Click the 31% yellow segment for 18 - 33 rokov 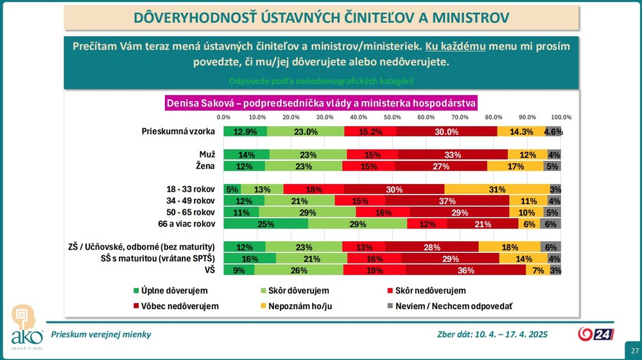pyautogui.click(x=497, y=189)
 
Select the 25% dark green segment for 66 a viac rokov pyautogui.click(x=266, y=224)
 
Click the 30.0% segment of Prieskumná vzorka pyautogui.click(x=447, y=132)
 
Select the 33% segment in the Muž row pyautogui.click(x=453, y=155)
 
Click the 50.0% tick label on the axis pyautogui.click(x=392, y=117)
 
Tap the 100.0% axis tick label pyautogui.click(x=561, y=117)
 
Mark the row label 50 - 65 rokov pyautogui.click(x=190, y=212)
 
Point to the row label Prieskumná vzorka pyautogui.click(x=178, y=132)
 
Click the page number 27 pyautogui.click(x=634, y=351)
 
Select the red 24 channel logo pyautogui.click(x=596, y=334)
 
